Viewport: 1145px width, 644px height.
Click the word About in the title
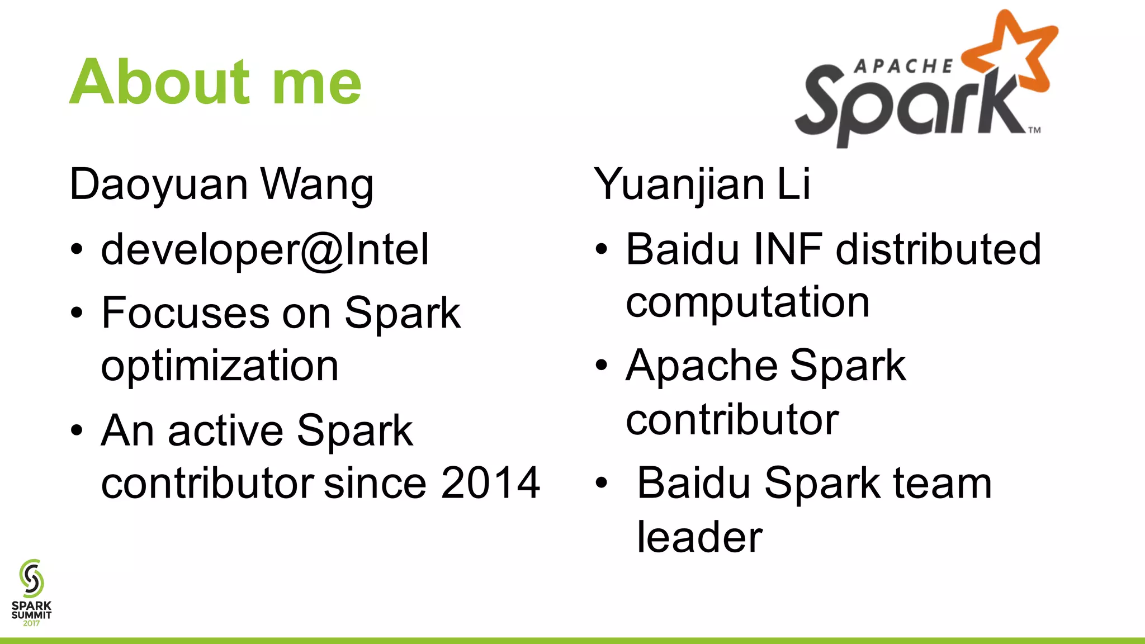tap(159, 82)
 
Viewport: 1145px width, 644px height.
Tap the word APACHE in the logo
tap(903, 67)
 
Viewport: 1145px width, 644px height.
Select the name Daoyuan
tap(158, 185)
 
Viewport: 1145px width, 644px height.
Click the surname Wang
tap(317, 185)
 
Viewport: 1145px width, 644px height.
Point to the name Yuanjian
tap(679, 185)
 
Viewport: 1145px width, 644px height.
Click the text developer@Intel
tap(265, 249)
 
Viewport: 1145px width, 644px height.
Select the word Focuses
tap(186, 313)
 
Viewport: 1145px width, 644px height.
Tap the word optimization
tap(220, 366)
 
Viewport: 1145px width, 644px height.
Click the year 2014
tap(490, 483)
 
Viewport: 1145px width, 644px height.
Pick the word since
tap(375, 483)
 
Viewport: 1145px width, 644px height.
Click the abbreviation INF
tap(788, 249)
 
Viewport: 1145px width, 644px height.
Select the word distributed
tap(938, 249)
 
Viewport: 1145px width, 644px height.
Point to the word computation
tap(747, 302)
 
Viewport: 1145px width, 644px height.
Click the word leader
tap(699, 537)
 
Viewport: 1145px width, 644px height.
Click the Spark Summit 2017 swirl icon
tap(31, 578)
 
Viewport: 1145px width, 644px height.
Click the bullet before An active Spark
tap(77, 431)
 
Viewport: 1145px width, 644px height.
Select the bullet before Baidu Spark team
tap(601, 483)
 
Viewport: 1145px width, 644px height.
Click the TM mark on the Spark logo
tap(1034, 130)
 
